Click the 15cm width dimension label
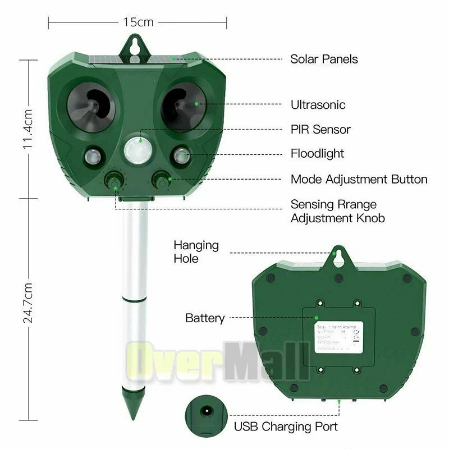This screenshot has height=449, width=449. pos(138,22)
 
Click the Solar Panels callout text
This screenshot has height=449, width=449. pos(324,59)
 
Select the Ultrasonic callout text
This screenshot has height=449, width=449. pos(318,104)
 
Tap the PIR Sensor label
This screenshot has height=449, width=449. pos(320,130)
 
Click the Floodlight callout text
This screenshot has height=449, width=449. pos(317,153)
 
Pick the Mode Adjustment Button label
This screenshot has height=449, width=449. pos(359,180)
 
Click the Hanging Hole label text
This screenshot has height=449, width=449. pos(196,252)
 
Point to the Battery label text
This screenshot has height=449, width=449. pos(205,318)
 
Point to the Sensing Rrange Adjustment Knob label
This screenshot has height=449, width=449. pos(337,211)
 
